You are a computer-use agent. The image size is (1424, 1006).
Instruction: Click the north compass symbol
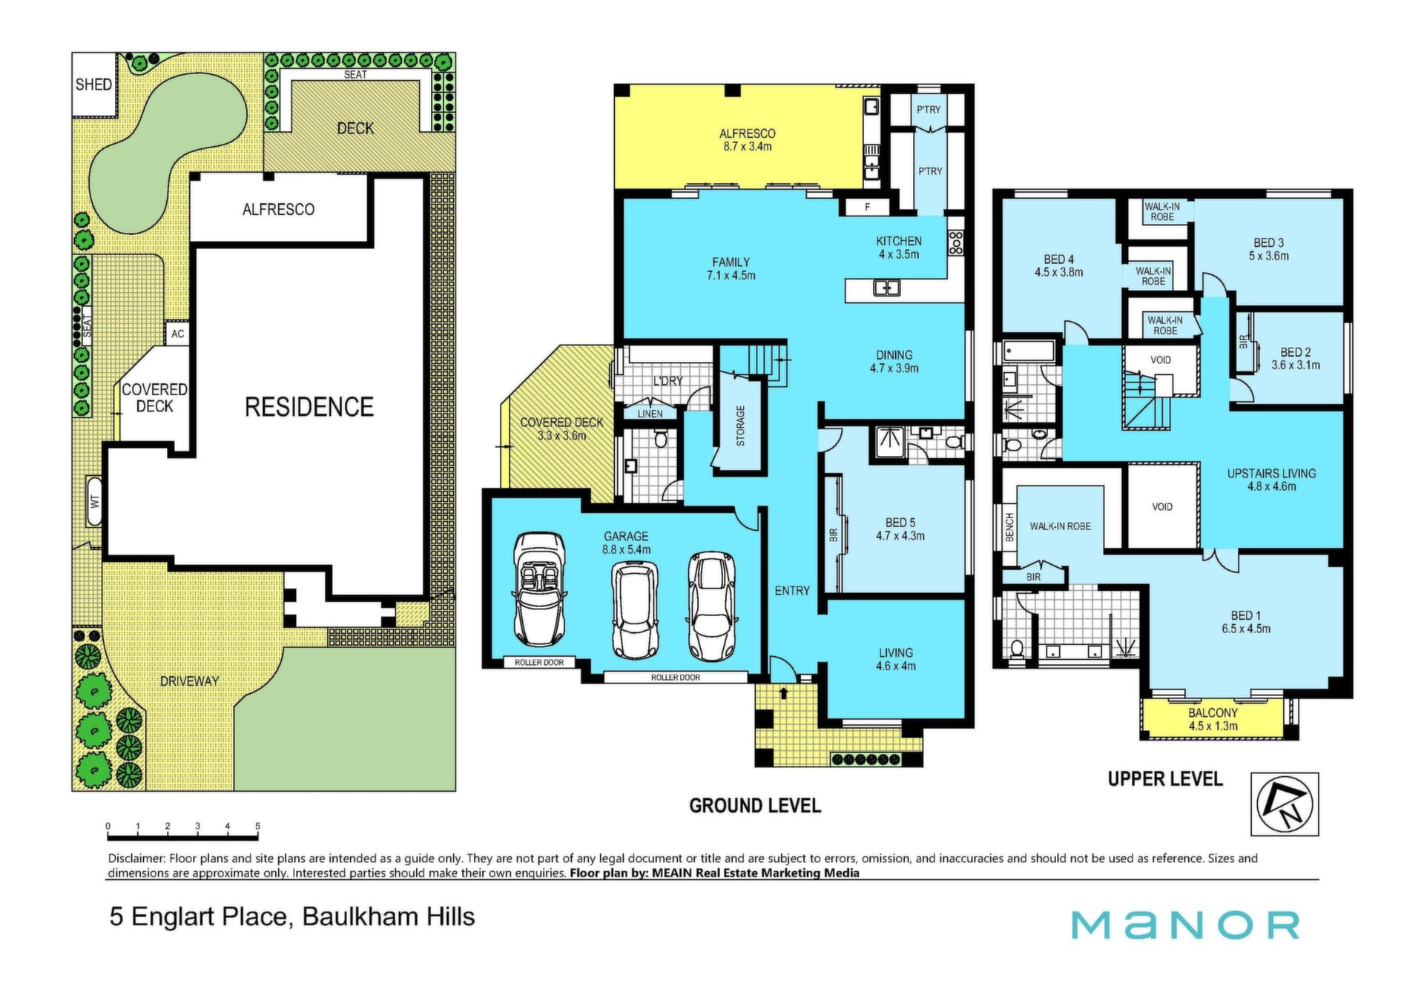click(x=1285, y=804)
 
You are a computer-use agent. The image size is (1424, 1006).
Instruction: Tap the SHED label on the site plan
click(x=93, y=85)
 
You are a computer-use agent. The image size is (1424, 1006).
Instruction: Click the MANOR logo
click(x=1185, y=925)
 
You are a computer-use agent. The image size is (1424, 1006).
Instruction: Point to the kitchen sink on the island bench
click(x=886, y=288)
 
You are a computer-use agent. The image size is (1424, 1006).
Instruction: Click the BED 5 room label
click(x=900, y=523)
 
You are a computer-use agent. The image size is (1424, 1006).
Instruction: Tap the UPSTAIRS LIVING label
click(x=1271, y=473)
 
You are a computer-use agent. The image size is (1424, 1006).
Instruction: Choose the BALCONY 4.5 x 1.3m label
click(x=1213, y=719)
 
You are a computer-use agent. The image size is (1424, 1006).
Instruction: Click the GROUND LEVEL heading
click(x=755, y=806)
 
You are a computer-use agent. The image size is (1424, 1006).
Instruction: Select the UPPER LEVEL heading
click(x=1165, y=779)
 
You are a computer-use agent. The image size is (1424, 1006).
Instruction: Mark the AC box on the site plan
click(x=177, y=334)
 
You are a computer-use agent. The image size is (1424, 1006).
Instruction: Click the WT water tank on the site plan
click(x=94, y=500)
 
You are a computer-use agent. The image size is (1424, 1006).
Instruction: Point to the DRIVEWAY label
click(x=189, y=681)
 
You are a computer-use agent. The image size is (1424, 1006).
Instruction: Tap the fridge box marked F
click(x=866, y=208)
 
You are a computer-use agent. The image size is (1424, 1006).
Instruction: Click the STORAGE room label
click(x=739, y=426)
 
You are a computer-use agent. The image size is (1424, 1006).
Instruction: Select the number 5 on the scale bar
click(x=257, y=826)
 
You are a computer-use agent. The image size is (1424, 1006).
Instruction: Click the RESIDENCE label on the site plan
click(x=309, y=407)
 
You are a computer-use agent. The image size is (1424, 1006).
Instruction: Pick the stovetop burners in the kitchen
click(x=955, y=242)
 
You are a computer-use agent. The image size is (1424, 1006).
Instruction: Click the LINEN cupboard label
click(x=650, y=414)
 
